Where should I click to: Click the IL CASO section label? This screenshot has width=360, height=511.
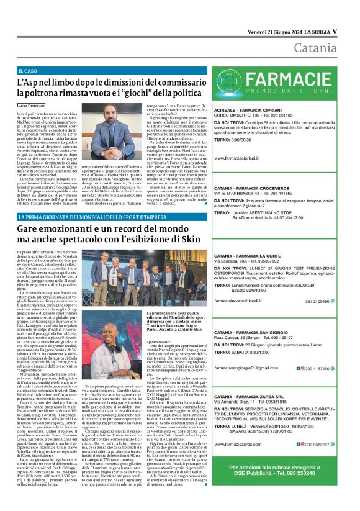28,72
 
